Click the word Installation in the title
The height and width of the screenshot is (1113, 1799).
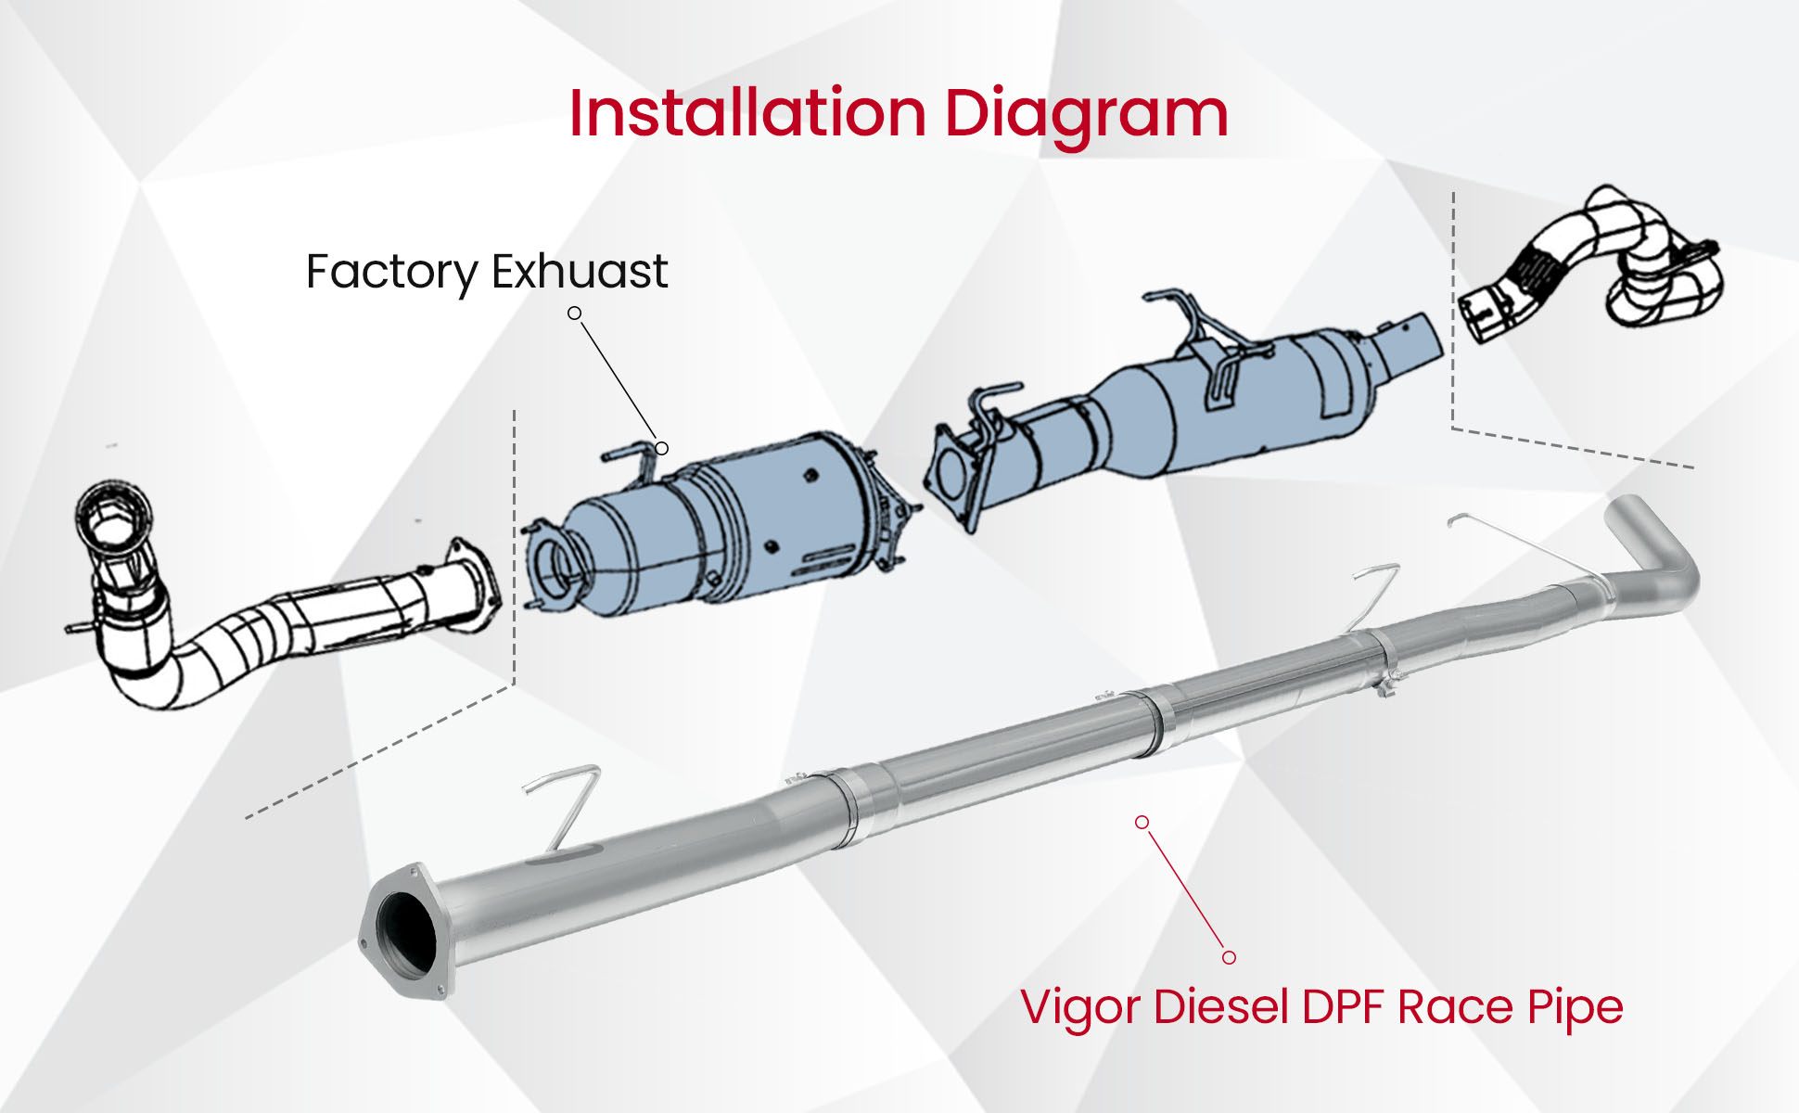pos(747,113)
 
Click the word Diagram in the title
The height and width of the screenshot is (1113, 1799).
pos(1086,113)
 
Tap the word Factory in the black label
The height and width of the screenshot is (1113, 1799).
pos(391,272)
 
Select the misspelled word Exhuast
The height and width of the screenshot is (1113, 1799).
pos(580,272)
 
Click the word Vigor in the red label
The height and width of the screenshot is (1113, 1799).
pos(1079,1008)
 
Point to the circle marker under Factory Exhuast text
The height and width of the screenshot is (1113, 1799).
pos(575,313)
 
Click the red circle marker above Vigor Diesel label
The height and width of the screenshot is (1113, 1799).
pos(1229,957)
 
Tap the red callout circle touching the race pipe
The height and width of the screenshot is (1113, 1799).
pos(1142,823)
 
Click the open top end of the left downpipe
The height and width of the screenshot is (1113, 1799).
pos(113,515)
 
